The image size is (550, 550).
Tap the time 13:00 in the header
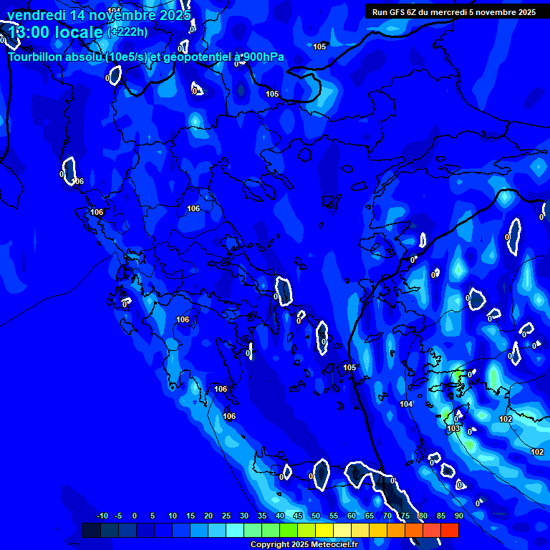[x=33, y=32]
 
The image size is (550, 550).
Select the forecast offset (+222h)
[x=127, y=32]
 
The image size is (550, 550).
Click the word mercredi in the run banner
[x=455, y=12]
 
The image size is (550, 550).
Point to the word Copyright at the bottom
[x=270, y=544]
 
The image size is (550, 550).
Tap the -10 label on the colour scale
[x=102, y=516]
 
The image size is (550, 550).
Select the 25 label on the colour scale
[x=226, y=516]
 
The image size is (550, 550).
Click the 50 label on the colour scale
[x=315, y=516]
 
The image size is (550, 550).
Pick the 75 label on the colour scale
[x=405, y=516]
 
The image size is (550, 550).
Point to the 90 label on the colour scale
[x=458, y=516]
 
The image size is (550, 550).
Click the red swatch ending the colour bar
[x=449, y=530]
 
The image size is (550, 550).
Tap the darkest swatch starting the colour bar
[x=91, y=530]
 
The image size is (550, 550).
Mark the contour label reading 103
[x=453, y=428]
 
